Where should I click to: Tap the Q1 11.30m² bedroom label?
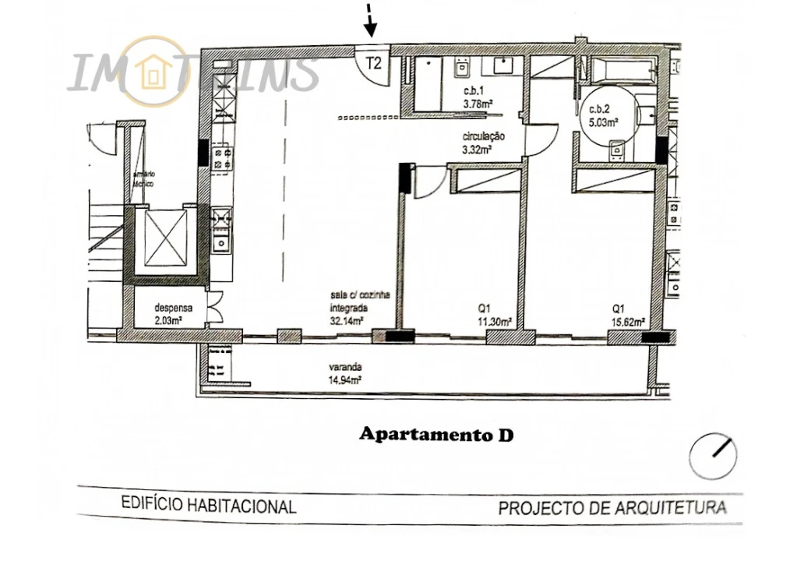(x=494, y=313)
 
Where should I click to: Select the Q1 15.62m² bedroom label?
(x=627, y=313)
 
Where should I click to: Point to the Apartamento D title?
(x=436, y=435)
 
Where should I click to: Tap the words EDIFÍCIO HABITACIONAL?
(x=209, y=506)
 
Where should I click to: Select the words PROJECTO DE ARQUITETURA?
(x=612, y=509)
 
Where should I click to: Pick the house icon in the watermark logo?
(x=153, y=72)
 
